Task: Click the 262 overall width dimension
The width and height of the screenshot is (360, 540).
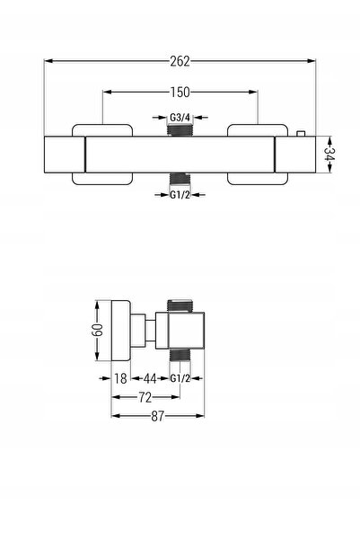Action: tap(180, 61)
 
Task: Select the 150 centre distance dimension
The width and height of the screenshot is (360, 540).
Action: tap(180, 93)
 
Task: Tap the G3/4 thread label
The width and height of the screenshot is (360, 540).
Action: tap(180, 118)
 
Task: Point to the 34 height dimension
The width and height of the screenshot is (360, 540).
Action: tap(329, 154)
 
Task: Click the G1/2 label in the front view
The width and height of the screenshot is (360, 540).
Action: tap(180, 195)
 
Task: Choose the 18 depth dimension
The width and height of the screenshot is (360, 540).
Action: tap(120, 378)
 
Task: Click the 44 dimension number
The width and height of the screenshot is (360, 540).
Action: tap(150, 378)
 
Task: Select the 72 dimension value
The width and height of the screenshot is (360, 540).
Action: tap(145, 397)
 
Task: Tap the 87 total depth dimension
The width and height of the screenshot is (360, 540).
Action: tap(158, 416)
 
